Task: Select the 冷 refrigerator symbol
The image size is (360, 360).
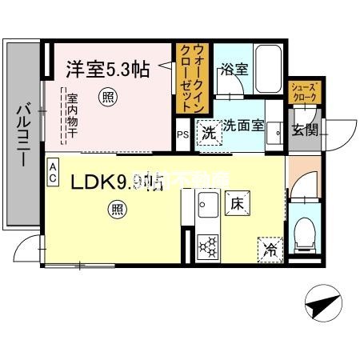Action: [x=270, y=249]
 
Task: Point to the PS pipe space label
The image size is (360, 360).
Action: [x=182, y=134]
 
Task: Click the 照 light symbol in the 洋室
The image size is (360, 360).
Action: [x=107, y=98]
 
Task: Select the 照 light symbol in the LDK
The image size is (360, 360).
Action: [x=117, y=210]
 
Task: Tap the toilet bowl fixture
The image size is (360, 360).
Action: [x=305, y=234]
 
